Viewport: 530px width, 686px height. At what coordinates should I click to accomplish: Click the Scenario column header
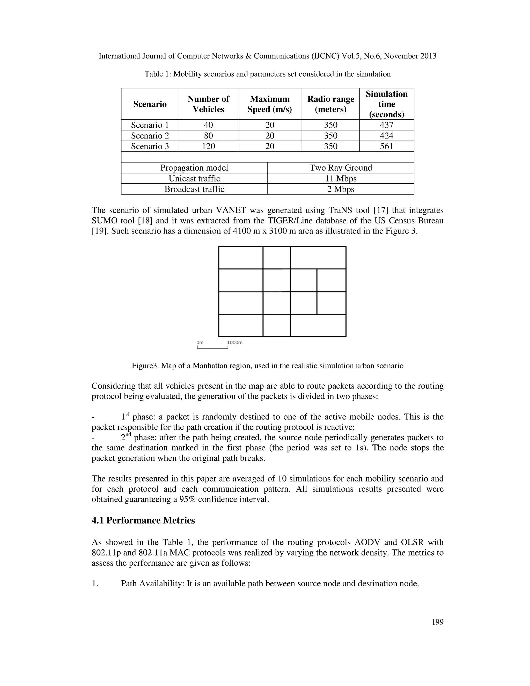150,104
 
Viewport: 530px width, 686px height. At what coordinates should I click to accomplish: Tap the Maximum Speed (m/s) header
269,104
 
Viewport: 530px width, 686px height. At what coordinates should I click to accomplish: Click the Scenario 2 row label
150,136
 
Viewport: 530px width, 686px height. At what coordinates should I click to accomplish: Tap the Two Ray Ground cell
340,168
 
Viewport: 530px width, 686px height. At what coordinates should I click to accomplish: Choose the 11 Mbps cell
340,179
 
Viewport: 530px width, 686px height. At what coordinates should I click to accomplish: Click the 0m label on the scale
200,342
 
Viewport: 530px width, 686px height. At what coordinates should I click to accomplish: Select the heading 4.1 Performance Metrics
143,521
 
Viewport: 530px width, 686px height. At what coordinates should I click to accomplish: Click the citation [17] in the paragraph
380,210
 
